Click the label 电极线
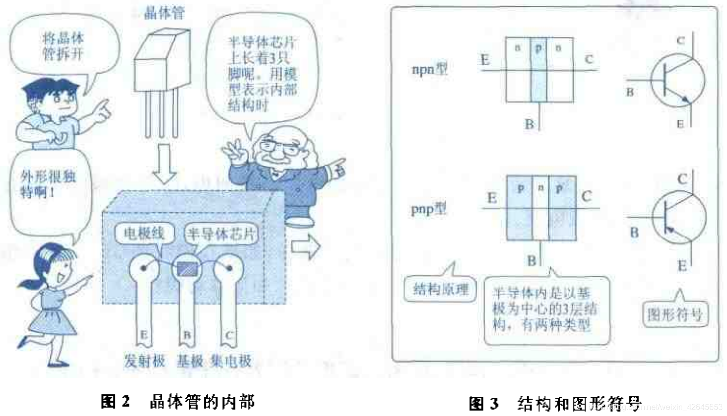[143, 233]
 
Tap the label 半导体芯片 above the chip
[221, 234]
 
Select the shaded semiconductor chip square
[186, 268]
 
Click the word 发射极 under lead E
[144, 361]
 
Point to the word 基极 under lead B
[190, 361]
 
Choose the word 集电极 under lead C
[231, 361]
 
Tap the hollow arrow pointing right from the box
[306, 246]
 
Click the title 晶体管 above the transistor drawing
[164, 12]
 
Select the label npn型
[430, 69]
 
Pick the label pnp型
[429, 209]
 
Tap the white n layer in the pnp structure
[541, 208]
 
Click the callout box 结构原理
[440, 289]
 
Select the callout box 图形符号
[675, 314]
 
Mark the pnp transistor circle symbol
[679, 217]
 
